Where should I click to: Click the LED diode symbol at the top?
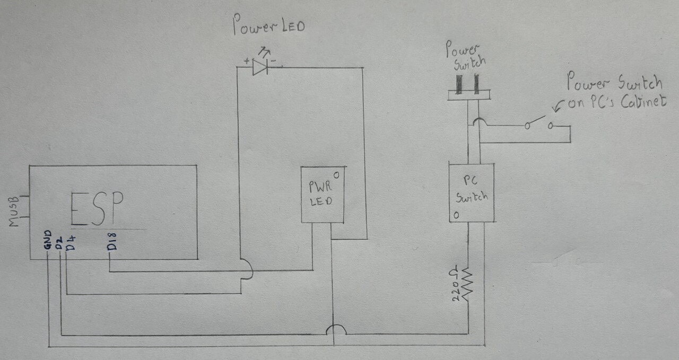tap(260, 66)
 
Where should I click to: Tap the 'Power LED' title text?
tap(269, 26)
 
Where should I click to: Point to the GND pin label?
tap(48, 240)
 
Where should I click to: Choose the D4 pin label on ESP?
tap(69, 243)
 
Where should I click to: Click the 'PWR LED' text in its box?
tap(320, 194)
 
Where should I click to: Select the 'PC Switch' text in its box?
tap(472, 189)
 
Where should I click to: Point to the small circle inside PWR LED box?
tap(336, 173)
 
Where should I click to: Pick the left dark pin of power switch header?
tap(460, 83)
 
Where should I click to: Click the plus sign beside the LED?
tap(246, 62)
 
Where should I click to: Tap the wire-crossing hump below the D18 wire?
tap(246, 269)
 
